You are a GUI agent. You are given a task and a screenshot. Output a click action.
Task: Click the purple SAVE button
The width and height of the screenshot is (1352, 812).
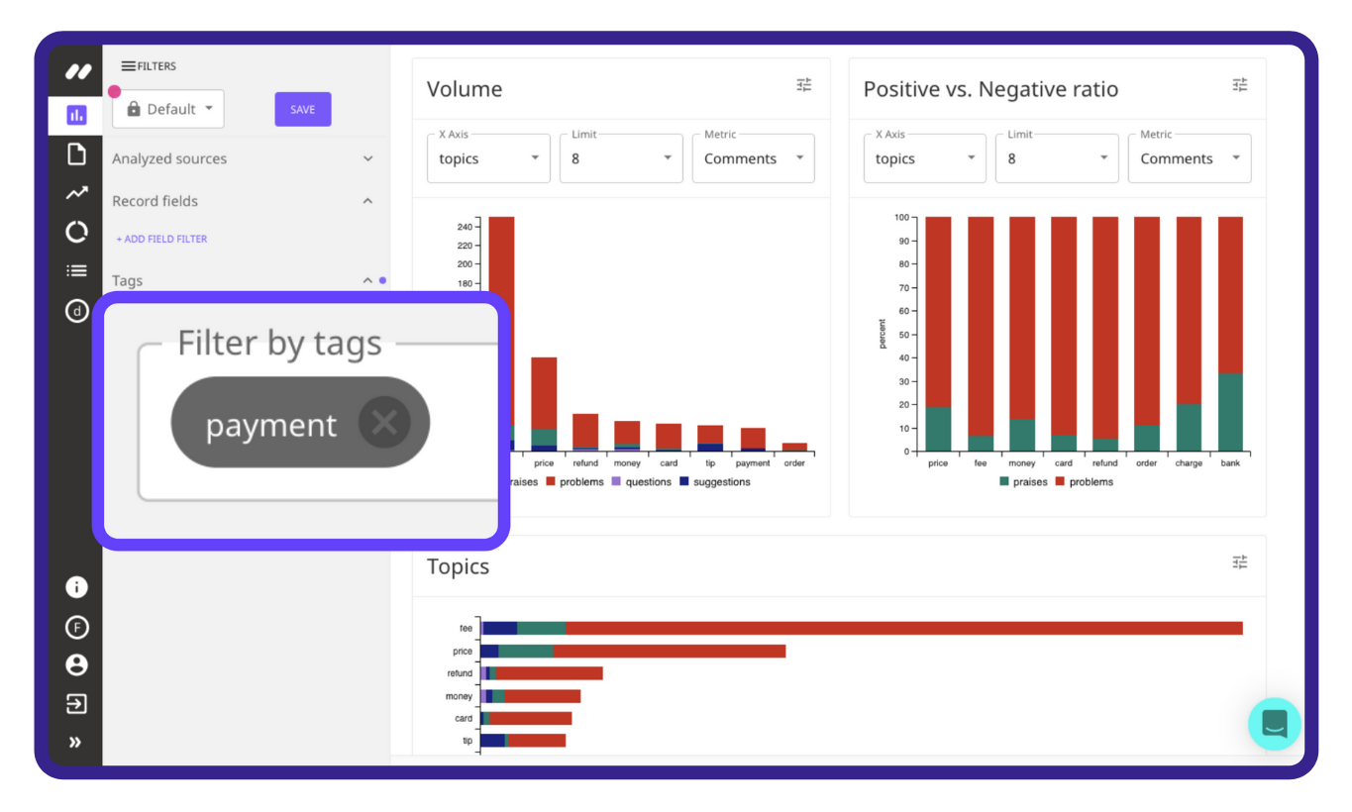tap(302, 109)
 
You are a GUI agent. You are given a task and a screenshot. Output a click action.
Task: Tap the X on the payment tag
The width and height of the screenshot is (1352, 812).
tap(384, 423)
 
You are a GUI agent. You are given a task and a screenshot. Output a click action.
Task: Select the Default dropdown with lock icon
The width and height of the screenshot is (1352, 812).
tap(168, 109)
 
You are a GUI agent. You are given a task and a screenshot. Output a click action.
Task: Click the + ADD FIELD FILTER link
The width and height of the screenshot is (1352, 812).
tap(161, 239)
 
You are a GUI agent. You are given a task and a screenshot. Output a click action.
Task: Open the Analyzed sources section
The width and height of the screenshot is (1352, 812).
tap(242, 158)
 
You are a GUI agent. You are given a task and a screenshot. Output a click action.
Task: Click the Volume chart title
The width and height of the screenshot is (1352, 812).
tap(465, 89)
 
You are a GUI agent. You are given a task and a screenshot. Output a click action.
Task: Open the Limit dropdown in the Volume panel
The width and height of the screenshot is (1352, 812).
tap(621, 158)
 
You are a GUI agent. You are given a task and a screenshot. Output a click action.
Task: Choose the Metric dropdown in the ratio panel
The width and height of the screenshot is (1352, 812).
tap(1190, 158)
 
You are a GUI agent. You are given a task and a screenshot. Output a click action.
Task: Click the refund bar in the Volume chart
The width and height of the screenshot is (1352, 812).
tap(585, 431)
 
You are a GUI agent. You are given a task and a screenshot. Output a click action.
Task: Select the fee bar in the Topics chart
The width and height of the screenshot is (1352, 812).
tap(862, 628)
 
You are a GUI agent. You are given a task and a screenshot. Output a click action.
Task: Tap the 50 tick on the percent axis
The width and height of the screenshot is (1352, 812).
tap(901, 335)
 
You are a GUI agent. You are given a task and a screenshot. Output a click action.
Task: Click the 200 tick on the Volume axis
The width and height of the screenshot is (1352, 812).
tap(465, 264)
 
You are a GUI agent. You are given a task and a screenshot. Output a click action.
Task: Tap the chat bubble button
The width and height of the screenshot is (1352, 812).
tap(1274, 724)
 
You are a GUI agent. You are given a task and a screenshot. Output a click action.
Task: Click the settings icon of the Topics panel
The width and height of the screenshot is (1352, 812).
tap(1239, 562)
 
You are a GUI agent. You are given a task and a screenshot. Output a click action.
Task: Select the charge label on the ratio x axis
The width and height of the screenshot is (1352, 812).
tap(1189, 463)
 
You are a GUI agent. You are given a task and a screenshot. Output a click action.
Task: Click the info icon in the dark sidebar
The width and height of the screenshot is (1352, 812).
tap(76, 587)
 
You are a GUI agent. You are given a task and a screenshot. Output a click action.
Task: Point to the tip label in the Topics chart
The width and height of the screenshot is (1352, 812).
tap(468, 741)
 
